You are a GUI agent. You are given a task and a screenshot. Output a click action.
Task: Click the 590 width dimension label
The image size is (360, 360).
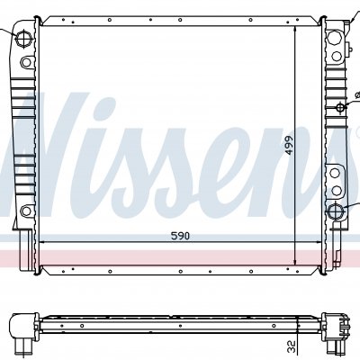[180, 236]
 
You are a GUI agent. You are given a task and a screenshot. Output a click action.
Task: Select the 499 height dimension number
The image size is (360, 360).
[289, 146]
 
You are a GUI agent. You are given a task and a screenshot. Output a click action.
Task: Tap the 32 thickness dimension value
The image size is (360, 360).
[292, 346]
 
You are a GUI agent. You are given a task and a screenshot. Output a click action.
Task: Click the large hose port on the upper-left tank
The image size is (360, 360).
[23, 39]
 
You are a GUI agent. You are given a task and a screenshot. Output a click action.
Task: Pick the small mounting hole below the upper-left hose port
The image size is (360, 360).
[26, 62]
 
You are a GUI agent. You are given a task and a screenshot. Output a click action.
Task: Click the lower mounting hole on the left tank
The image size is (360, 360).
[26, 211]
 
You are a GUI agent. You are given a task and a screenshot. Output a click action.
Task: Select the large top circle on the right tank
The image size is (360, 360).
[333, 38]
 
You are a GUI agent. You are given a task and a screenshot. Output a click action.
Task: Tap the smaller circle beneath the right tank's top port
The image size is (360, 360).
[337, 56]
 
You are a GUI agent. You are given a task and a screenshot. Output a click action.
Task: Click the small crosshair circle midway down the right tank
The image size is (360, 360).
[341, 107]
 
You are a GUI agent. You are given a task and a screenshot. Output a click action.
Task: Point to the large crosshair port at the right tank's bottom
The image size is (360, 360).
[335, 211]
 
